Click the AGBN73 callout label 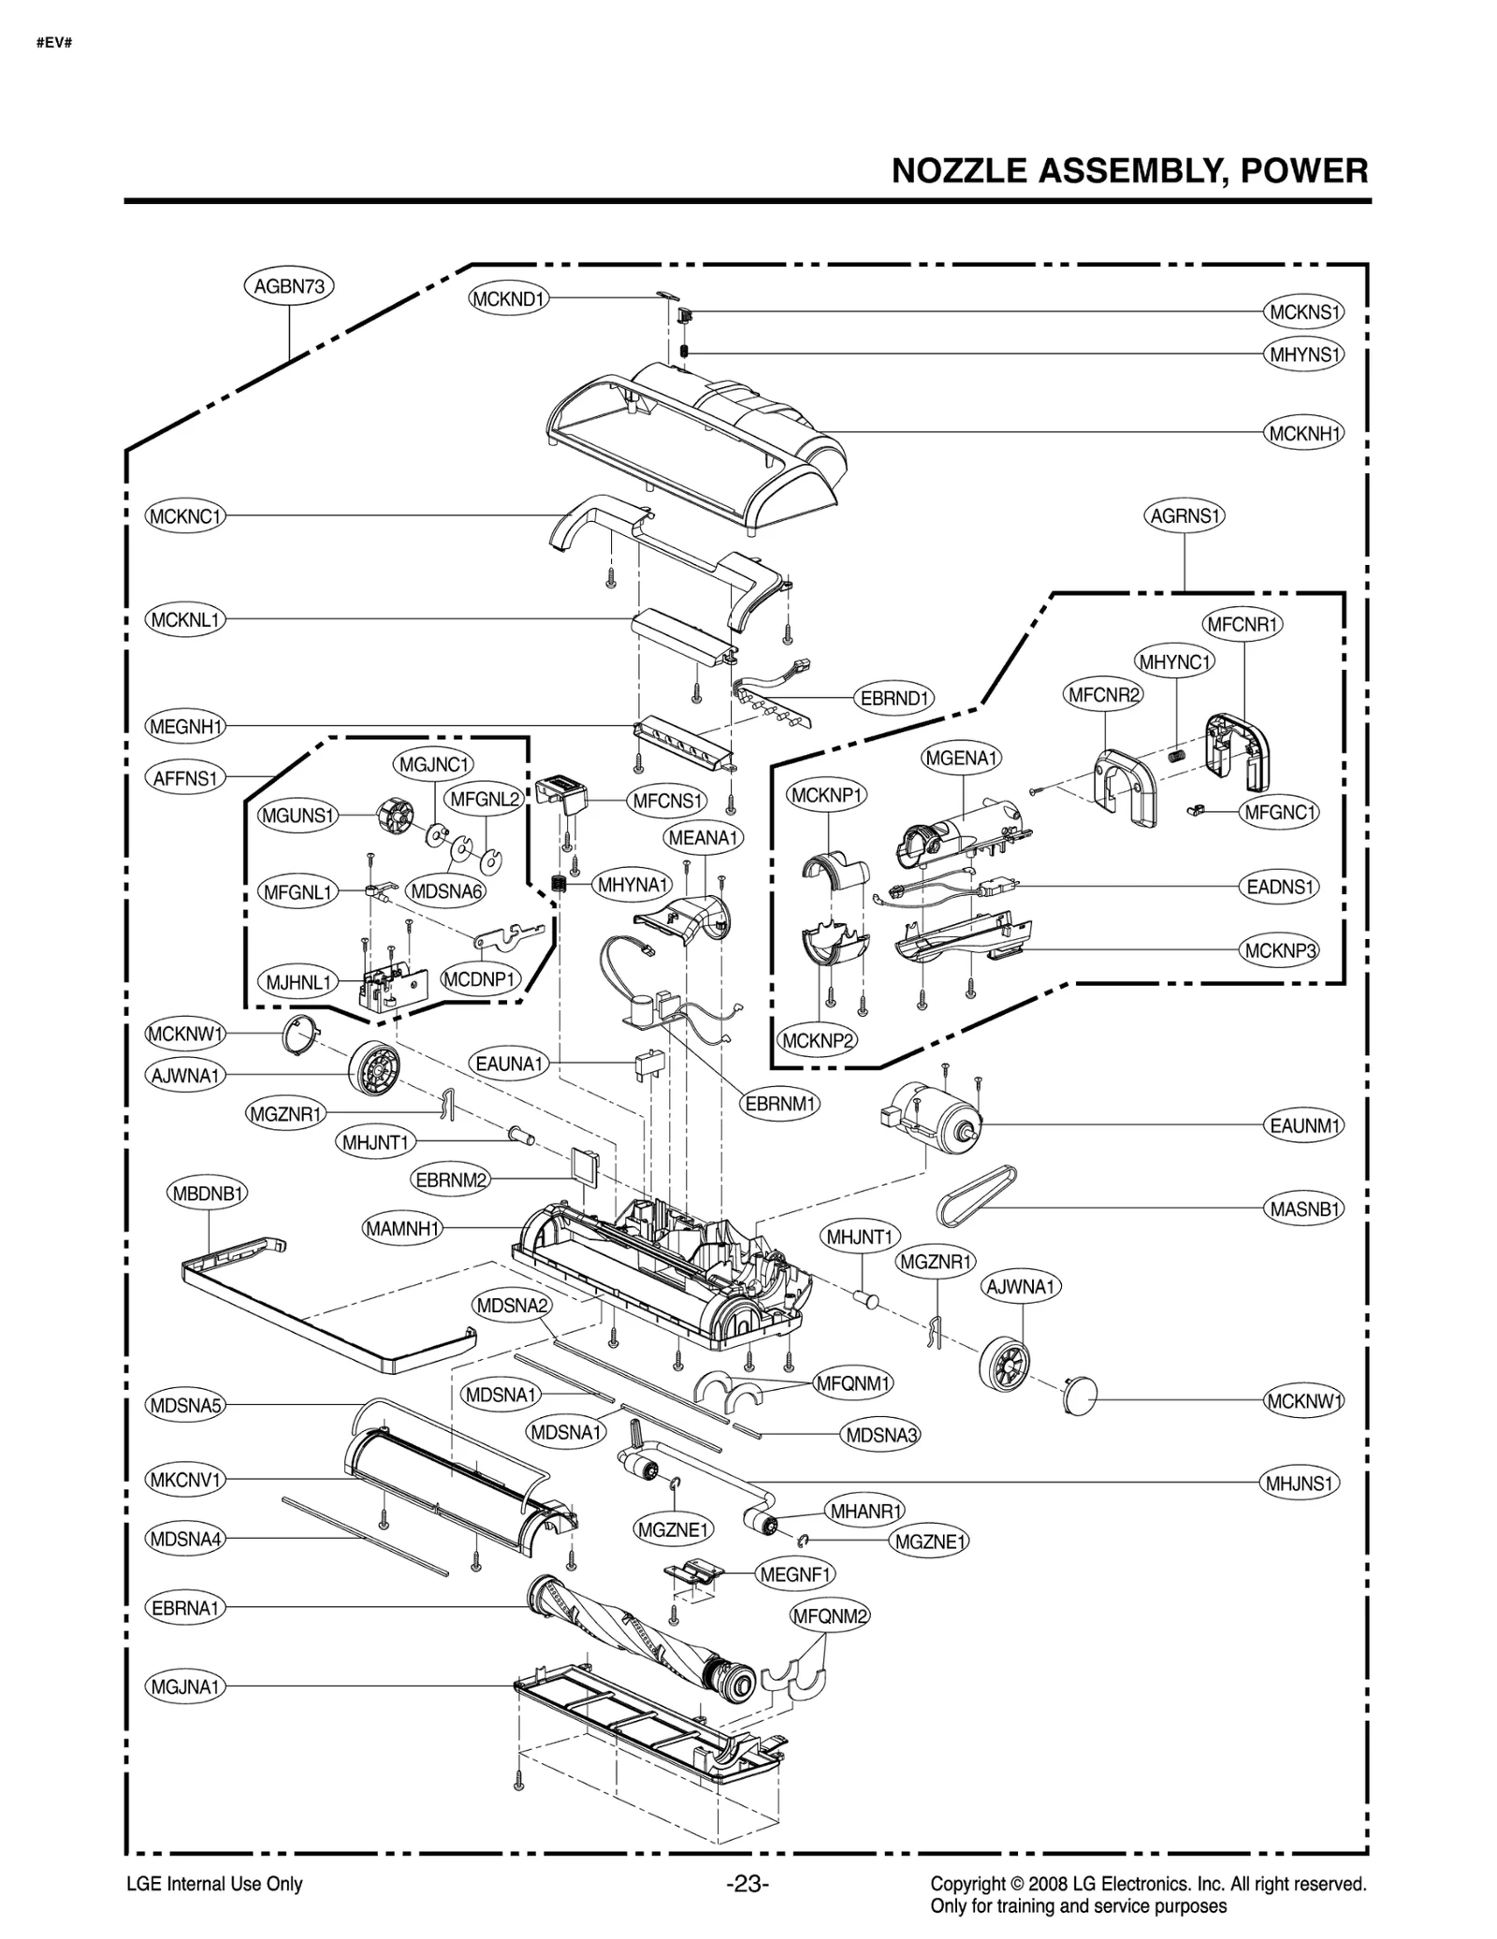point(289,286)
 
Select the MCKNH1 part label point(1304,433)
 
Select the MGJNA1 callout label point(185,1686)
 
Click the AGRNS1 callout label point(1185,515)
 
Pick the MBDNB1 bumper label point(209,1194)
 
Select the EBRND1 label point(894,698)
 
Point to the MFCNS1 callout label point(666,801)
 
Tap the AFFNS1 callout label point(185,777)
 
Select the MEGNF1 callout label point(795,1574)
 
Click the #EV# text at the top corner point(54,43)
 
